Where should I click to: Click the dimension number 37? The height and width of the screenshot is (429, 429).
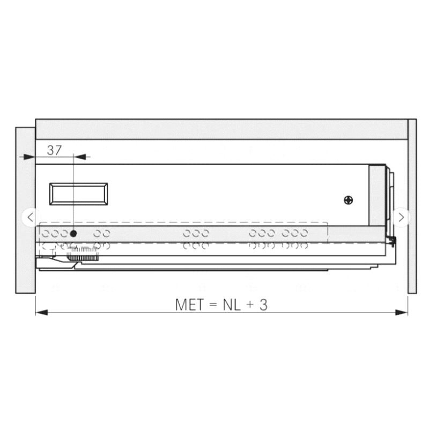pos(54,150)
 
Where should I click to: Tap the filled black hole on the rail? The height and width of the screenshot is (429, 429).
pos(73,234)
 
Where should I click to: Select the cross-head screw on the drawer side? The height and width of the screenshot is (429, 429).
pos(348,200)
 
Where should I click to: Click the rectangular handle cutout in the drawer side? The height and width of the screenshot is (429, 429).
pos(78,194)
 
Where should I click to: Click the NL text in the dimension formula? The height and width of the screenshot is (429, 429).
pos(232,305)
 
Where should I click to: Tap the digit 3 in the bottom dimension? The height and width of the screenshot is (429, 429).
pos(263,305)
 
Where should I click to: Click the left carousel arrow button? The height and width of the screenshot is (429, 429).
pos(30,218)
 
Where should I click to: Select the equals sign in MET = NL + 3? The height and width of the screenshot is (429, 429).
pos(213,305)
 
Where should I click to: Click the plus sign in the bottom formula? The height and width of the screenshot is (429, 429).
pos(250,305)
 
